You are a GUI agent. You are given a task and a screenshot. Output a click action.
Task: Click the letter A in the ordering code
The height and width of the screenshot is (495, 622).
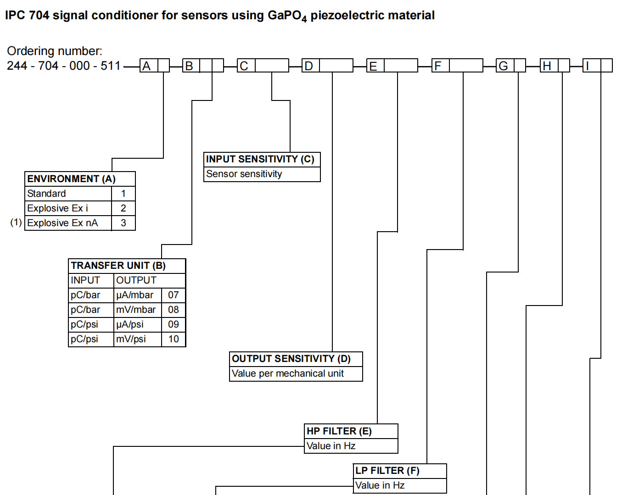click(146, 66)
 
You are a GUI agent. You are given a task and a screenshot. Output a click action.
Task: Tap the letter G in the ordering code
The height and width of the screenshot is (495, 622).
click(503, 66)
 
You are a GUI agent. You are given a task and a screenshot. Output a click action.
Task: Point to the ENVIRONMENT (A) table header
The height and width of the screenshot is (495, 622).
click(72, 179)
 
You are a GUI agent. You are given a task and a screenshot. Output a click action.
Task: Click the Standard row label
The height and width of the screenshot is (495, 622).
click(46, 194)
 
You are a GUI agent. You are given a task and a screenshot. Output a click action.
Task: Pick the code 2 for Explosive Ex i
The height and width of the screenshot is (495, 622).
click(123, 208)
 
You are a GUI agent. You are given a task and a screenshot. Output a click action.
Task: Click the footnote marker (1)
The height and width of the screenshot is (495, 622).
click(16, 222)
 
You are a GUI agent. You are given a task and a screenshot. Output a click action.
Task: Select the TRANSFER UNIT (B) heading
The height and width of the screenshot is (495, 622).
click(118, 266)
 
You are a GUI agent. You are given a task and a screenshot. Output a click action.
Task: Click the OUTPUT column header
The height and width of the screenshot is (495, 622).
click(136, 280)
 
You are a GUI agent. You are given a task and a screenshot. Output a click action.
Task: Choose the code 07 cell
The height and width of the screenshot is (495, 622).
click(174, 295)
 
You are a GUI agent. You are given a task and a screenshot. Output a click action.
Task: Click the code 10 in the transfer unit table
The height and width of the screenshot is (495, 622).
click(174, 339)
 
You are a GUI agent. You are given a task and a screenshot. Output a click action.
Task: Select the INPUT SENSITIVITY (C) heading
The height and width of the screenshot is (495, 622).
click(260, 159)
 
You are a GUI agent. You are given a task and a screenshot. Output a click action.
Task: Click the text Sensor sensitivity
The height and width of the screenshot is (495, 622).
click(244, 174)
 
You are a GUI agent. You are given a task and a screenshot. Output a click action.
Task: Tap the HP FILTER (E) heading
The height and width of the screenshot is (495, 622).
click(339, 431)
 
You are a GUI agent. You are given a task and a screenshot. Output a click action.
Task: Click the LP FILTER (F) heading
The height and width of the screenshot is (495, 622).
click(387, 471)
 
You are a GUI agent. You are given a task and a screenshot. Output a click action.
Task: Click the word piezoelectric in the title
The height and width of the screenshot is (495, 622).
click(347, 16)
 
